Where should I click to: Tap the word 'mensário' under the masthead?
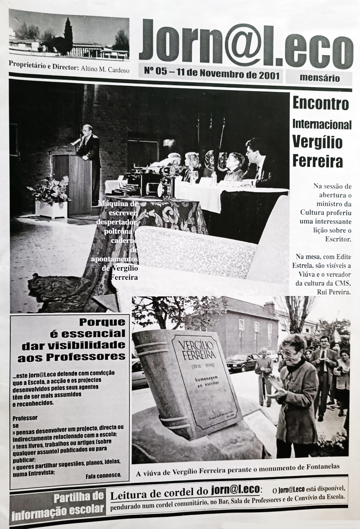[318, 78]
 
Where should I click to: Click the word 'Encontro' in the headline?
[320, 104]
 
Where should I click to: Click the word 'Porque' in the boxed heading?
[102, 322]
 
